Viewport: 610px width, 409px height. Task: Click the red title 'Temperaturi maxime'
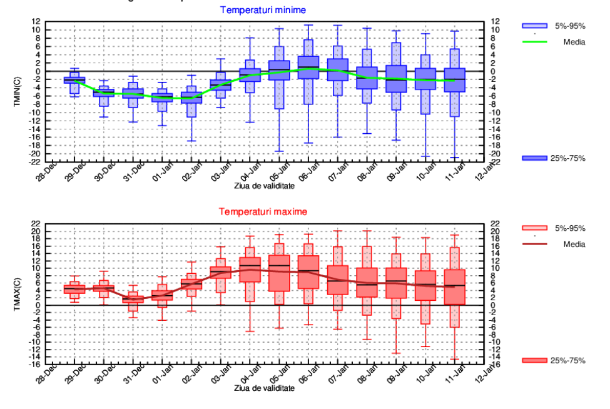[x=262, y=212]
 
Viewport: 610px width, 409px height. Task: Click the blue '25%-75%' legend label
[x=567, y=158]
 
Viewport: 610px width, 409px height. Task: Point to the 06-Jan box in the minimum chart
[x=308, y=68]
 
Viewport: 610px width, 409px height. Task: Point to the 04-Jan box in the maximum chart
[x=250, y=270]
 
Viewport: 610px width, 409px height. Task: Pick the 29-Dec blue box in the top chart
[x=74, y=79]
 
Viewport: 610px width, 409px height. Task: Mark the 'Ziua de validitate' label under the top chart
[x=264, y=186]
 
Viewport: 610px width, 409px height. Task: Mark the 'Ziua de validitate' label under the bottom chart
[x=264, y=388]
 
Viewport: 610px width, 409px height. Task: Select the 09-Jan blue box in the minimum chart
[x=396, y=79]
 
